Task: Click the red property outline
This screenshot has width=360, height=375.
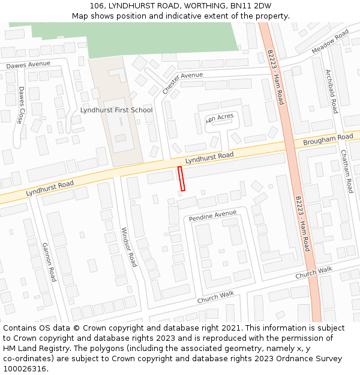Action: (x=181, y=179)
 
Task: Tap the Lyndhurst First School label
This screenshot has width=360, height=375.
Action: (x=116, y=110)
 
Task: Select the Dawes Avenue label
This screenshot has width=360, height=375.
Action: (x=28, y=64)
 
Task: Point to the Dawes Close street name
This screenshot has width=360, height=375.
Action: (x=20, y=105)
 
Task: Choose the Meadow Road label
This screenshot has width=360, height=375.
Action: (x=330, y=43)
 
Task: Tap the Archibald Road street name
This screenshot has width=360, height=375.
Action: (x=332, y=91)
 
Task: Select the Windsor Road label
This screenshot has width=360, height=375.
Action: (x=129, y=247)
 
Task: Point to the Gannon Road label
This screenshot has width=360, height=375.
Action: (x=49, y=262)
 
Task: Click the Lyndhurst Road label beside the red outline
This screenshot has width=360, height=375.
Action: (x=209, y=158)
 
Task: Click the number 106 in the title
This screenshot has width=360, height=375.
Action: (x=97, y=6)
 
